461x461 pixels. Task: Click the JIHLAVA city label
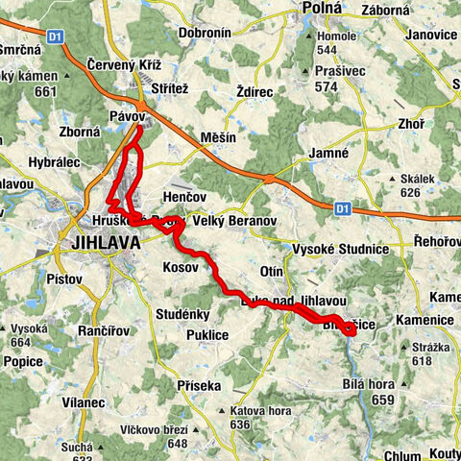106,243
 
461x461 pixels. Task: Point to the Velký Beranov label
236,221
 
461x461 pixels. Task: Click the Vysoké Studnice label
344,249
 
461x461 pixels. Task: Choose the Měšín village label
219,138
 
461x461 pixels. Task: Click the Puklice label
207,335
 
